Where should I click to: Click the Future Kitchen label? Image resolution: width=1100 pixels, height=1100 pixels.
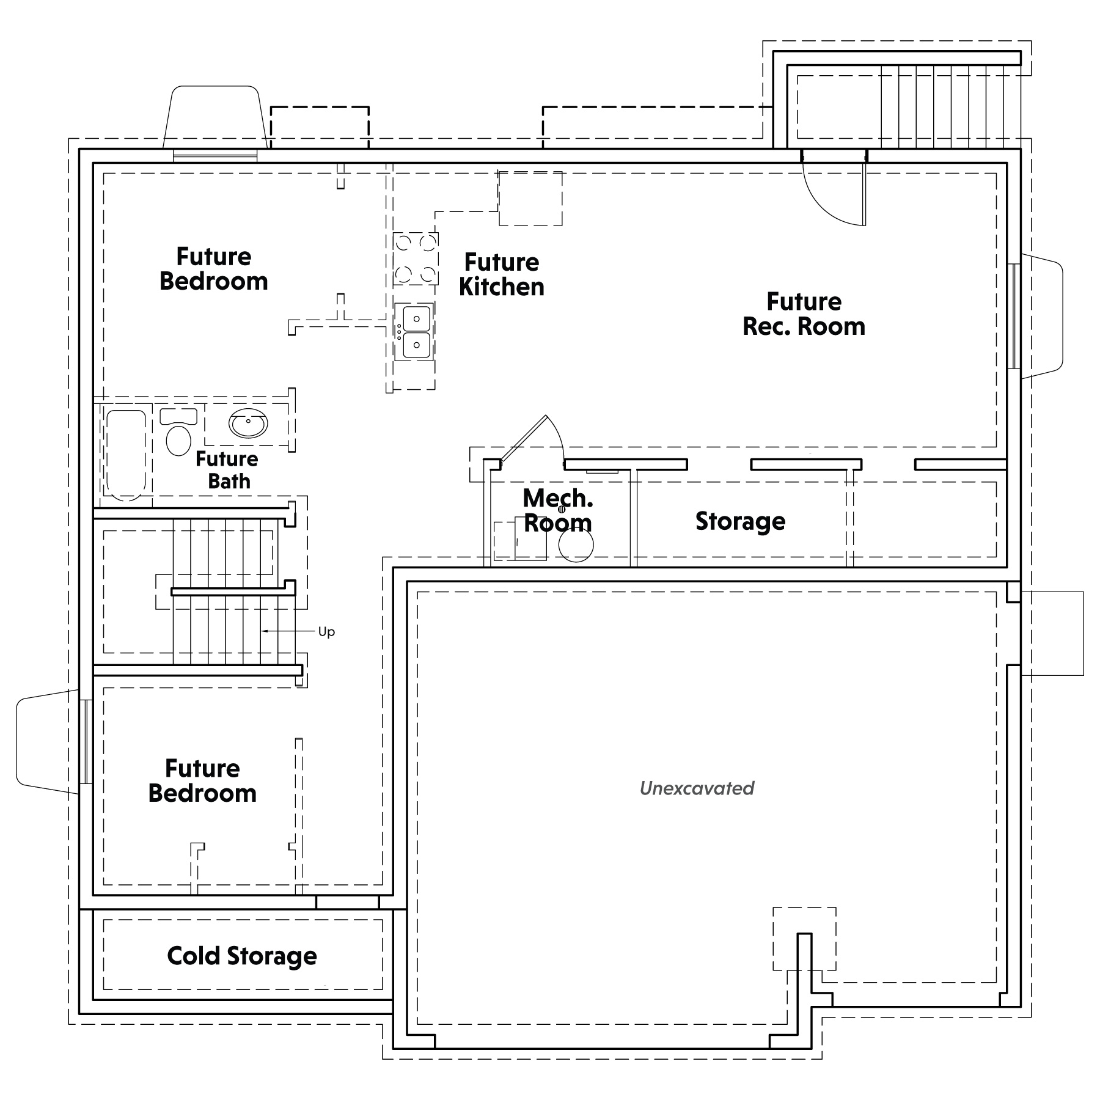(x=502, y=274)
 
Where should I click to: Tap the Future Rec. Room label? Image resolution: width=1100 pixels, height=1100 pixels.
(x=804, y=314)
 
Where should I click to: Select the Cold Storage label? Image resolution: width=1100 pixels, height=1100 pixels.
(x=242, y=956)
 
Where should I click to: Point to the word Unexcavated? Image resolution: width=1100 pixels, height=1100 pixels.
(x=697, y=788)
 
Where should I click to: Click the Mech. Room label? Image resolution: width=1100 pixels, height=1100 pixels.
(x=558, y=511)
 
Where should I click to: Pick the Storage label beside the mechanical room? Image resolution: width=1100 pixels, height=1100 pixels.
(x=741, y=521)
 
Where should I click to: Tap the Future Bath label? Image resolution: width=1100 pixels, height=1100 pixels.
(x=227, y=470)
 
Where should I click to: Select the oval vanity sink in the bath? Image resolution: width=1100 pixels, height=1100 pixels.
(x=248, y=423)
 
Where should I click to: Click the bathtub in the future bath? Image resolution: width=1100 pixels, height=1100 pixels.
(x=127, y=455)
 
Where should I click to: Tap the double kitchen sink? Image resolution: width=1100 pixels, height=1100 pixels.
(x=415, y=332)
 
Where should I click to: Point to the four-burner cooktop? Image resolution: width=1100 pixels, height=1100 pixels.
(x=416, y=258)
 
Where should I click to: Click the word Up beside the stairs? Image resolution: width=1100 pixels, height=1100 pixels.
(x=327, y=632)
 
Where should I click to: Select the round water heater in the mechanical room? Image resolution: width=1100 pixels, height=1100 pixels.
(x=576, y=544)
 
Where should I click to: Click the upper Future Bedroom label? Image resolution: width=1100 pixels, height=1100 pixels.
(x=214, y=269)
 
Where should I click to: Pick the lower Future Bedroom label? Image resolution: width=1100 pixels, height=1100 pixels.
(x=202, y=781)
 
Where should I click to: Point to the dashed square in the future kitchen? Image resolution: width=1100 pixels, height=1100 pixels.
(x=530, y=198)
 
